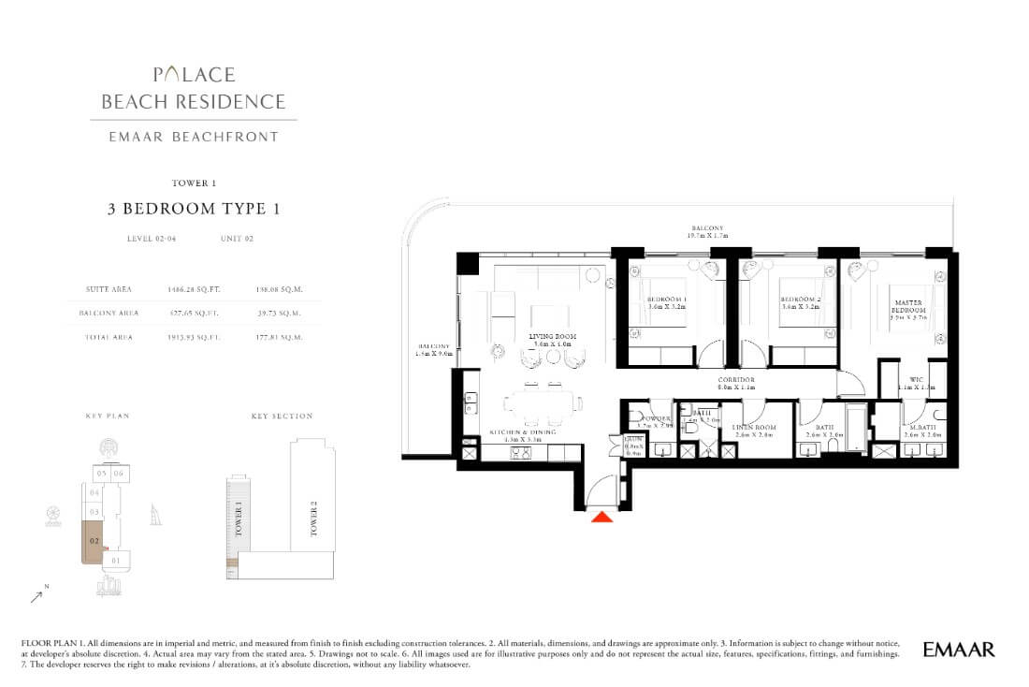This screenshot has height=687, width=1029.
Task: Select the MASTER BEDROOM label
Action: [908, 305]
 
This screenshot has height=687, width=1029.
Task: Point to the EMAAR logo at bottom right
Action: [958, 649]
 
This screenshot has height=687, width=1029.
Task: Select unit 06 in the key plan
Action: [118, 474]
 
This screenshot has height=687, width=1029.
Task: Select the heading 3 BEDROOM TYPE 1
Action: [193, 209]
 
